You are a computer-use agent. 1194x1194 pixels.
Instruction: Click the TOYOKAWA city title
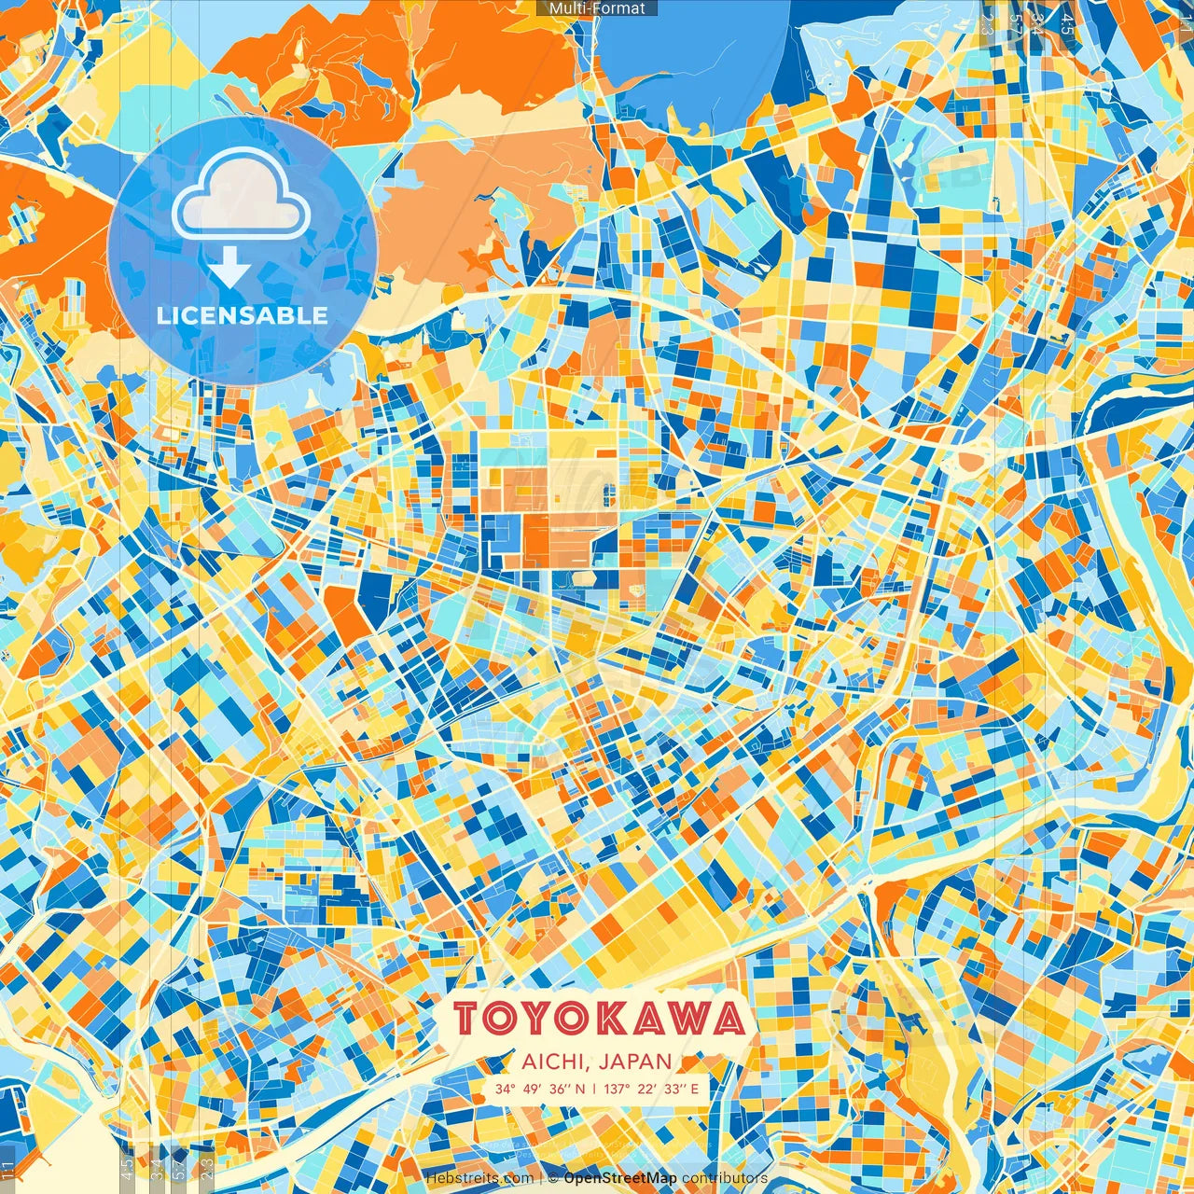click(x=602, y=1019)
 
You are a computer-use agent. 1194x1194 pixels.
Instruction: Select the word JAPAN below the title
click(x=636, y=1062)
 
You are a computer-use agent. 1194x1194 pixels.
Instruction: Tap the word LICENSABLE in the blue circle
click(x=243, y=315)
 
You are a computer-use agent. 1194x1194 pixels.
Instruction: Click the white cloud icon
click(x=242, y=194)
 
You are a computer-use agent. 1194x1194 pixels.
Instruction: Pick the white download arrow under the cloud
click(x=229, y=268)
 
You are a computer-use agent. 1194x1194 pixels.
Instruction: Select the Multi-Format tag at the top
click(x=597, y=8)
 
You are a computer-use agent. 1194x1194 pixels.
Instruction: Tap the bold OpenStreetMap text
click(x=620, y=1178)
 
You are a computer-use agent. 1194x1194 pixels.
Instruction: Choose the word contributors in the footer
click(x=725, y=1178)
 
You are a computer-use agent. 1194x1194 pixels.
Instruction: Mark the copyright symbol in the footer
click(x=552, y=1178)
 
